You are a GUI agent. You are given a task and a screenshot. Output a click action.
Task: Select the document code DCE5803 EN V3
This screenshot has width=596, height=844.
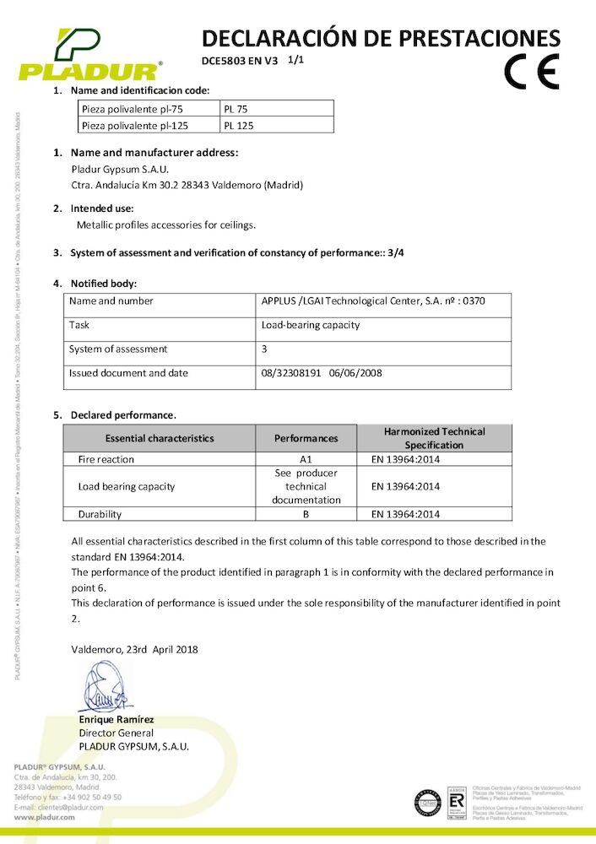coord(240,61)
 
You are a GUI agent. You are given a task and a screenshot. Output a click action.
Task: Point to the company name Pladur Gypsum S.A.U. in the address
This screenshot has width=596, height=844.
coord(120,169)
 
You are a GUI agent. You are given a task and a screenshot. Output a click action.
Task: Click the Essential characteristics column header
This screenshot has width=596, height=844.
coord(160,438)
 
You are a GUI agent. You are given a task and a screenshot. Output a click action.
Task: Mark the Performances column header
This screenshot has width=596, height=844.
coord(306,438)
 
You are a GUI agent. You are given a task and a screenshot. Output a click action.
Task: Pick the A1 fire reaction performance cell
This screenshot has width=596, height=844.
coord(306,459)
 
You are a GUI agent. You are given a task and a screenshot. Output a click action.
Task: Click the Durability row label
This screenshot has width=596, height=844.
coord(100,513)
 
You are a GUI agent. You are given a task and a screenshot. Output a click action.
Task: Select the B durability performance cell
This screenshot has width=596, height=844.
coord(306,513)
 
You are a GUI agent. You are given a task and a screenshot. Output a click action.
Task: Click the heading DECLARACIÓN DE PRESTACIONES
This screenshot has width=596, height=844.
coord(381,37)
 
